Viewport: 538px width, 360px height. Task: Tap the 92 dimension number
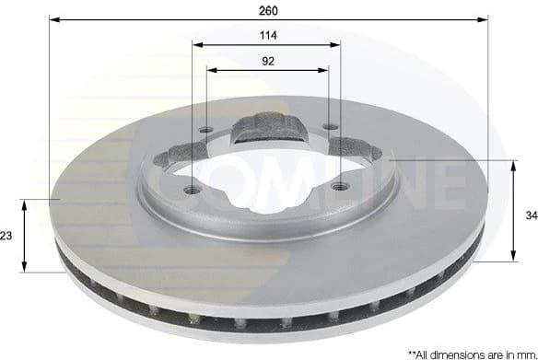[268, 61]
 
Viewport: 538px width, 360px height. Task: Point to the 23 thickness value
[7, 236]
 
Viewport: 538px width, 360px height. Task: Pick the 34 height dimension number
[530, 215]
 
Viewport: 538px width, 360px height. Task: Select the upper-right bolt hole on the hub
[330, 128]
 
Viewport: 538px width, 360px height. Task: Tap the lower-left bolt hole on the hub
[191, 190]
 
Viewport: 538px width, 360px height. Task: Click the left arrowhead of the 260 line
[53, 18]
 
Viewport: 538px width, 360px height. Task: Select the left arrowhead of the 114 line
[197, 44]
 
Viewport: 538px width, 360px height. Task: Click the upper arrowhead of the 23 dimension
[26, 203]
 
